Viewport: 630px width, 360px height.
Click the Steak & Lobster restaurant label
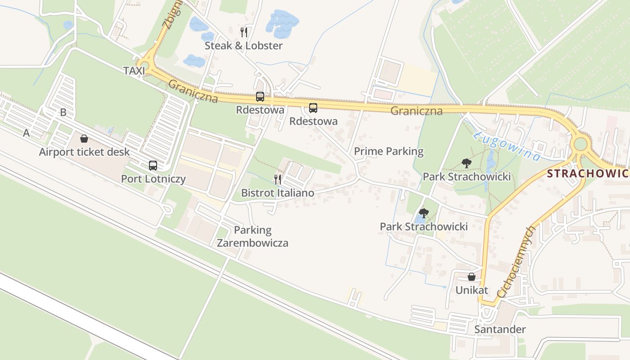[243, 45]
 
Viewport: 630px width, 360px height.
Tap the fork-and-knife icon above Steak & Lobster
[244, 32]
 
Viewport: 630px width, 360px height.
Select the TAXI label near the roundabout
[134, 71]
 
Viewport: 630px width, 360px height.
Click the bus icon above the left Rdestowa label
[260, 96]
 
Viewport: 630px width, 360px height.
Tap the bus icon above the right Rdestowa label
[313, 108]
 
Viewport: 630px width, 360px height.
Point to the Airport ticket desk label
[84, 152]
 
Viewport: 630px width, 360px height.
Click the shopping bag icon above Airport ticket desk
[84, 139]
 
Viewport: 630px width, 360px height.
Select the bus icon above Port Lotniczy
[153, 165]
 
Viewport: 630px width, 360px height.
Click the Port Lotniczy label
[153, 179]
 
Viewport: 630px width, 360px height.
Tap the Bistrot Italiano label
[278, 193]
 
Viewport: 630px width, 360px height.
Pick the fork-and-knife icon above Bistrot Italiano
[278, 179]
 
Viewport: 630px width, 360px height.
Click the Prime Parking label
[388, 151]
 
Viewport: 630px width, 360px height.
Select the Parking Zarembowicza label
[252, 237]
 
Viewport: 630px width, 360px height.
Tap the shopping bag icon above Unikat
[472, 277]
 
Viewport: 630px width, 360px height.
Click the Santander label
[499, 329]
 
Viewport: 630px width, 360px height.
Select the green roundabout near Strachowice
[580, 144]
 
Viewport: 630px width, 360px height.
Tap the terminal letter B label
[63, 112]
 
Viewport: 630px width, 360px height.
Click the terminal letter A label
[26, 133]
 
